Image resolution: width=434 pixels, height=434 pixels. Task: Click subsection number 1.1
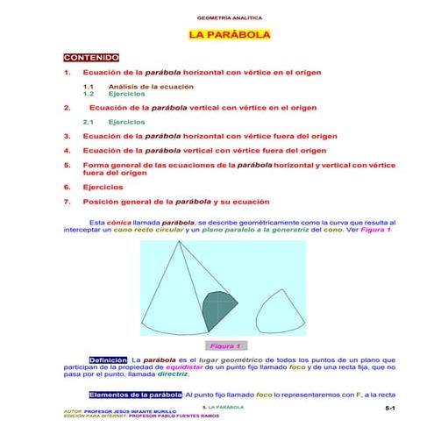pos(88,87)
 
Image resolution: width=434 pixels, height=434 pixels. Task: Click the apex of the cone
pos(191,243)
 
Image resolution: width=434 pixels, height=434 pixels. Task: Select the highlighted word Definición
pos(109,359)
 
